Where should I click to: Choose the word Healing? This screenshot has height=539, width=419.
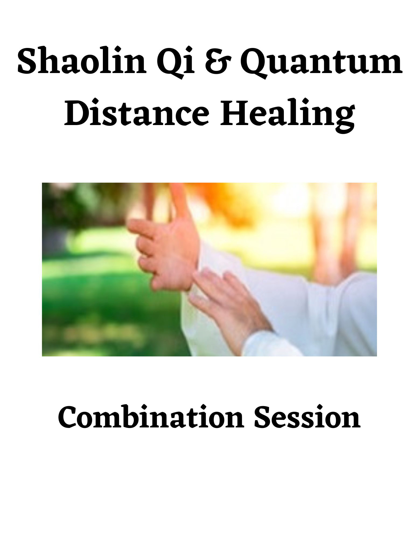pyautogui.click(x=287, y=113)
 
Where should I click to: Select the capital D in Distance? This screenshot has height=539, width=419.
pyautogui.click(x=78, y=112)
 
